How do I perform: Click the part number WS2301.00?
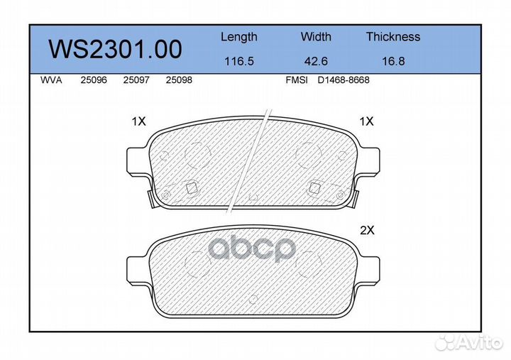coord(115,49)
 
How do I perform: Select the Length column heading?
coord(239,37)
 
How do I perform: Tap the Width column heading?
coord(316,36)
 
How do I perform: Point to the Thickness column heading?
coord(393,36)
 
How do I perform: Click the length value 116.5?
coord(239,61)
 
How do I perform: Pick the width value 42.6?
coord(316,61)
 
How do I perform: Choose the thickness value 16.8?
coord(393,61)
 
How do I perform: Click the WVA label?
coord(51,80)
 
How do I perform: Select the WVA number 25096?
coord(94,80)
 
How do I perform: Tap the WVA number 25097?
coord(136,80)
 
